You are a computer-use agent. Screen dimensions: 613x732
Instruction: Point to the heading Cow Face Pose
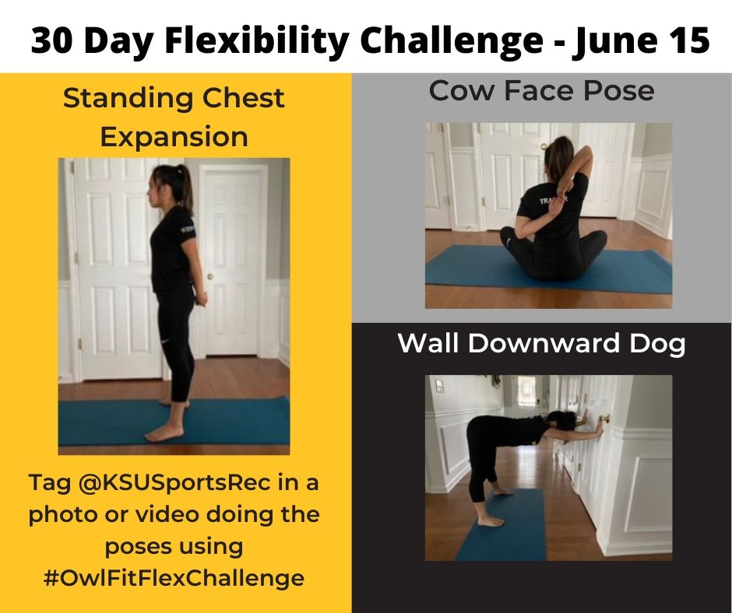point(541,92)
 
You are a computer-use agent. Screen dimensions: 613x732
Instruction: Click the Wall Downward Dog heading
point(541,343)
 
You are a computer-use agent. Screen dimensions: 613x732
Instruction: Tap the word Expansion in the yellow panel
point(174,137)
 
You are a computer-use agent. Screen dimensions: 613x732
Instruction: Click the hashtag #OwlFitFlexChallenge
point(174,578)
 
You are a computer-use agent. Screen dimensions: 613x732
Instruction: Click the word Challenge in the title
point(452,40)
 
